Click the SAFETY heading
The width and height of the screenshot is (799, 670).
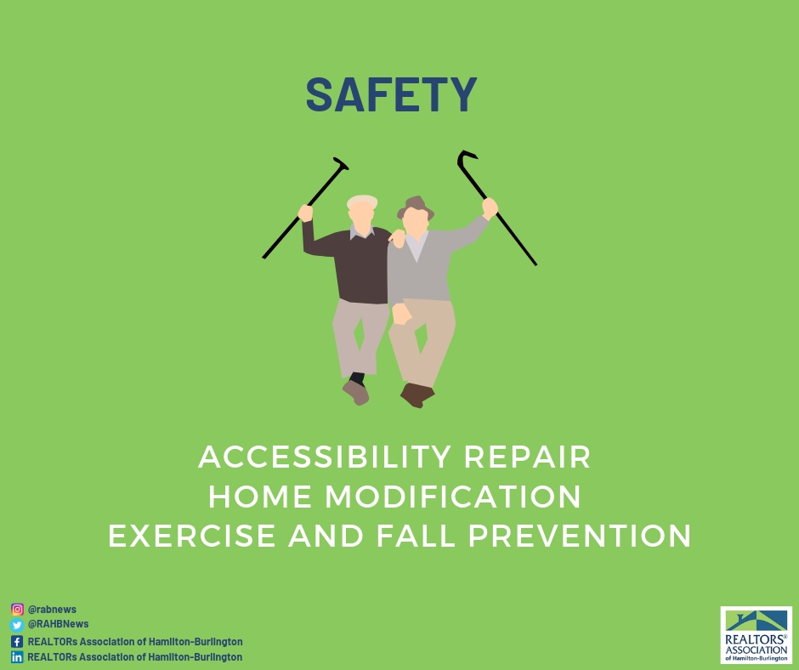391,95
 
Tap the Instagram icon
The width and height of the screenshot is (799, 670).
17,609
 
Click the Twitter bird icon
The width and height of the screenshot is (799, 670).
17,625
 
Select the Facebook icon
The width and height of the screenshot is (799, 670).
17,641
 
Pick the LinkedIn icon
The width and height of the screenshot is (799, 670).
17,657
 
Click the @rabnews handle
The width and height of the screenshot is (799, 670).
52,610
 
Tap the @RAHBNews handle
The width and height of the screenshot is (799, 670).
58,625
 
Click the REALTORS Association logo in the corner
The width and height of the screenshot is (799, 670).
756,635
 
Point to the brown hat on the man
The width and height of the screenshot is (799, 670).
416,207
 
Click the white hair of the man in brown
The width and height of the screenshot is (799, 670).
362,202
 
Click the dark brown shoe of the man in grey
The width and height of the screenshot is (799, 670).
416,395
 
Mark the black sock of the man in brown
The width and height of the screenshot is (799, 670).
358,378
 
